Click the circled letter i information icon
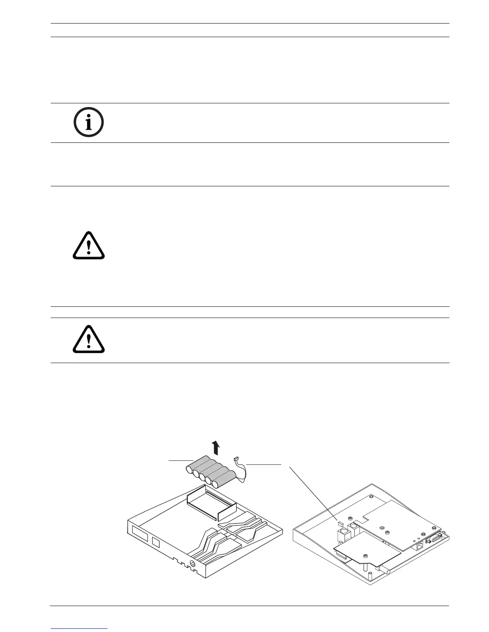point(89,122)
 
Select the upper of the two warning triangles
point(89,246)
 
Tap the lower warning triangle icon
point(89,340)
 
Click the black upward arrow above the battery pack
point(216,448)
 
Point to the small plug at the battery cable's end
point(236,459)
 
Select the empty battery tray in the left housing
point(212,505)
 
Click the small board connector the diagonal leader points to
point(340,521)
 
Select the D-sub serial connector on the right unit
point(433,540)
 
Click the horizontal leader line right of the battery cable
point(264,464)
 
